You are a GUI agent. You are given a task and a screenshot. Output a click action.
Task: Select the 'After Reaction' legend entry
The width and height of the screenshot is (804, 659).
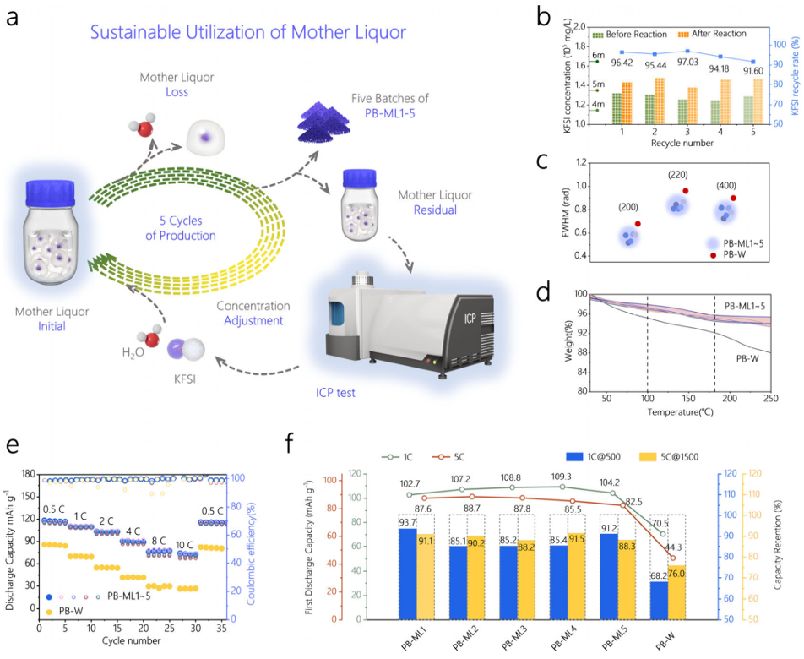coord(720,34)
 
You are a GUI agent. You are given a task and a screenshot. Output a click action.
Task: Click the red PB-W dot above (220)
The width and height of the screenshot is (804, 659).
coord(686,192)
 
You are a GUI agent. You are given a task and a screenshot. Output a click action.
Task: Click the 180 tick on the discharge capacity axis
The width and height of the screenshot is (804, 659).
coord(28,475)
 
